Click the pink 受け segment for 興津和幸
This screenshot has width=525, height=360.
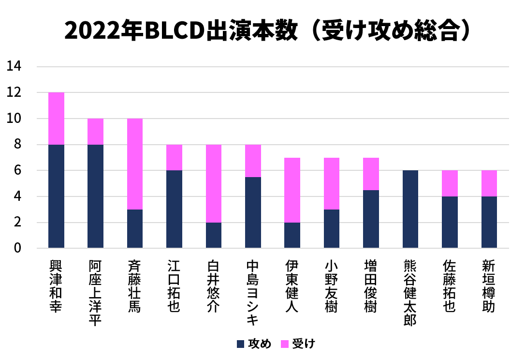[x=56, y=119]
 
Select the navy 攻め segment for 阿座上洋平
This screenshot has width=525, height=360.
[x=95, y=196]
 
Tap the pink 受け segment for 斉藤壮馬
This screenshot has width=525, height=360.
[x=135, y=164]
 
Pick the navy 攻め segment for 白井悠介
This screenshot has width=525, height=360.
[x=213, y=235]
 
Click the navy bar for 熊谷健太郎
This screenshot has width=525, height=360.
[x=410, y=209]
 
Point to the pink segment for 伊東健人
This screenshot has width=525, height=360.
[x=292, y=190]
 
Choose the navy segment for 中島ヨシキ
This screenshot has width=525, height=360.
[x=253, y=212]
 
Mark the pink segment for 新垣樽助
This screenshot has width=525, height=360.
[x=489, y=183]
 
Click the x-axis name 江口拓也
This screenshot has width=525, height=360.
[x=174, y=286]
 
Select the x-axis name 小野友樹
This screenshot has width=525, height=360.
[x=332, y=286]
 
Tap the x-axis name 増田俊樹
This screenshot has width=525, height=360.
[x=371, y=286]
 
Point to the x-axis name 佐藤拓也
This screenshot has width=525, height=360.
[x=450, y=286]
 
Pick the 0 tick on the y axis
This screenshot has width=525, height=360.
[x=17, y=249]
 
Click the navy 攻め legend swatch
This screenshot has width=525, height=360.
[x=240, y=344]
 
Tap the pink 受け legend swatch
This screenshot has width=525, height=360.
[x=285, y=344]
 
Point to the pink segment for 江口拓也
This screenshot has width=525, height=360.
[x=174, y=157]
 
